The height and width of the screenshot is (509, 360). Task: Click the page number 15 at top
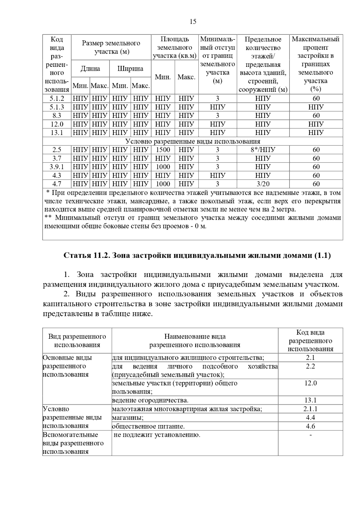click(x=193, y=22)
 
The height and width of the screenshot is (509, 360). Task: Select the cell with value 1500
click(x=163, y=150)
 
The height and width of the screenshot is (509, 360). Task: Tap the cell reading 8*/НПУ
click(x=263, y=150)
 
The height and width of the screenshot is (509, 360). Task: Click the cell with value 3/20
click(x=263, y=184)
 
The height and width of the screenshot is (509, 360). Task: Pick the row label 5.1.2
click(x=57, y=99)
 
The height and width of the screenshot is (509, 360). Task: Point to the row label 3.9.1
click(x=57, y=167)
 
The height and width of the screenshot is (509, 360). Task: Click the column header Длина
click(x=90, y=69)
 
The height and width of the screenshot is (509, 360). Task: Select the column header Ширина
click(x=130, y=69)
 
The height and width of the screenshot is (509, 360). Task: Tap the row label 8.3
click(x=57, y=116)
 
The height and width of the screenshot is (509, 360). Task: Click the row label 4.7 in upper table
click(x=57, y=184)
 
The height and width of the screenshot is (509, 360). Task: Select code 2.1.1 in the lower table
click(x=310, y=409)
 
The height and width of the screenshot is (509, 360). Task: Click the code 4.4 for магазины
click(x=310, y=418)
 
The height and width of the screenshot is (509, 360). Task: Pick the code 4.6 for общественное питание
click(x=310, y=426)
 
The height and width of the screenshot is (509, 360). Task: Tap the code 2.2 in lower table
click(x=310, y=366)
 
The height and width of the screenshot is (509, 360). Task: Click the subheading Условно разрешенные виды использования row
click(x=193, y=141)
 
